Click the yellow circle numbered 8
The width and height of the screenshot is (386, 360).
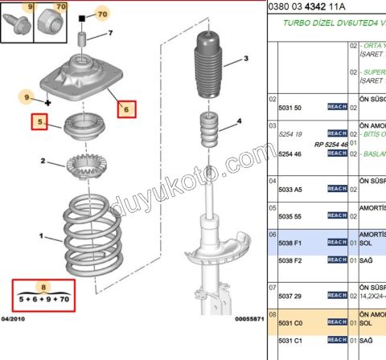pyautogui.click(x=45, y=286)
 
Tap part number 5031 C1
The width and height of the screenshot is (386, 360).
pyautogui.click(x=290, y=342)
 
